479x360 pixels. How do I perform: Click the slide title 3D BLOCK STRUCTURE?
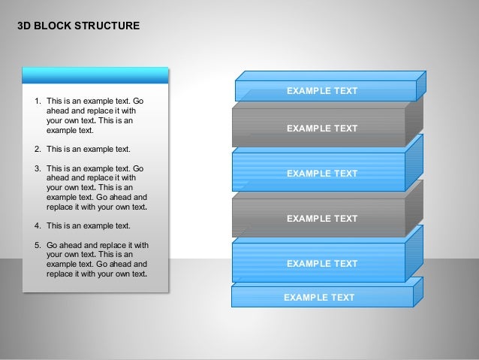coord(77,26)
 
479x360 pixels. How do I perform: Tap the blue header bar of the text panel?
coord(95,75)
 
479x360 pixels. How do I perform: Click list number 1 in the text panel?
coord(38,101)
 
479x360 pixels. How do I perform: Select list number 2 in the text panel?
coord(38,149)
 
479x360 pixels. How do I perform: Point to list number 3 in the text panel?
coord(38,168)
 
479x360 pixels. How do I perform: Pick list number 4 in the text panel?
coord(38,225)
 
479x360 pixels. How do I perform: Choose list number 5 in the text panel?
coord(38,245)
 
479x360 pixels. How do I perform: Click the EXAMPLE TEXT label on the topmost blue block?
coord(322,91)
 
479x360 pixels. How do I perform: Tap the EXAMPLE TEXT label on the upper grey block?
coord(322,129)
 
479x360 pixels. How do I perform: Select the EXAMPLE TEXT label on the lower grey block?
coord(322,219)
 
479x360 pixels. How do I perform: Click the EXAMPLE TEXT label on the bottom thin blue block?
coord(319,298)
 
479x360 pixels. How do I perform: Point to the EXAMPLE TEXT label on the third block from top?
coord(322,174)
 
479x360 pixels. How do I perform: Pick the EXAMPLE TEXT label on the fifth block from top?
coord(322,264)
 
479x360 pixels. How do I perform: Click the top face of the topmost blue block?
coord(330,76)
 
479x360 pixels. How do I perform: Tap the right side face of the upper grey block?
coord(414,121)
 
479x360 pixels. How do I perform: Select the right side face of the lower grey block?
coord(414,211)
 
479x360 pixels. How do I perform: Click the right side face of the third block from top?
coord(414,166)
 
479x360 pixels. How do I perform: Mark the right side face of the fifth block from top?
coord(414,256)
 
